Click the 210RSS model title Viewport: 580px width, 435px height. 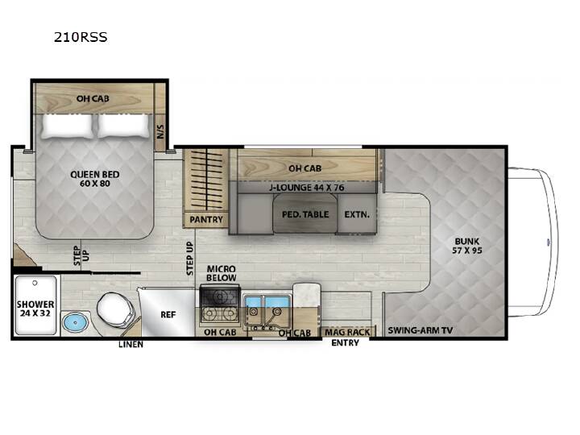[x=81, y=37]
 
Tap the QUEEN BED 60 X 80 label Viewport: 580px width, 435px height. [x=95, y=179]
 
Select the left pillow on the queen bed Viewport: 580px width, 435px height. [x=67, y=126]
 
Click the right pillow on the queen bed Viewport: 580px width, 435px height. [x=123, y=126]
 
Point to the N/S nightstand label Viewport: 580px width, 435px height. [x=160, y=131]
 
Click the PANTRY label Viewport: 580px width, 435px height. [x=206, y=220]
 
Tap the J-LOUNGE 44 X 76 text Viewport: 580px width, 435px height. [x=307, y=188]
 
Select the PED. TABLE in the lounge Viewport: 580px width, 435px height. [x=305, y=213]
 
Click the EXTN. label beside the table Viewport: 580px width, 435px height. [x=357, y=214]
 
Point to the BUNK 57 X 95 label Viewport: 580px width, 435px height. [x=466, y=246]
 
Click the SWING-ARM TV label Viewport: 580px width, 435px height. [x=420, y=330]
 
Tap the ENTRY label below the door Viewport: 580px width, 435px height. [x=345, y=343]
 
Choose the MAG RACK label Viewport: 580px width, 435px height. [x=347, y=332]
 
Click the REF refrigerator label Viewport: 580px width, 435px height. [x=168, y=315]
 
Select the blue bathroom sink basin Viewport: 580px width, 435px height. [x=76, y=322]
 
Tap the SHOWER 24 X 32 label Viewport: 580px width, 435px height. [x=35, y=309]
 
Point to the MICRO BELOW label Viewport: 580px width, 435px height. [x=222, y=273]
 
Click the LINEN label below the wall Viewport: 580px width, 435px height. [x=130, y=345]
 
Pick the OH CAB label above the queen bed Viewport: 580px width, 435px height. [x=93, y=98]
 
